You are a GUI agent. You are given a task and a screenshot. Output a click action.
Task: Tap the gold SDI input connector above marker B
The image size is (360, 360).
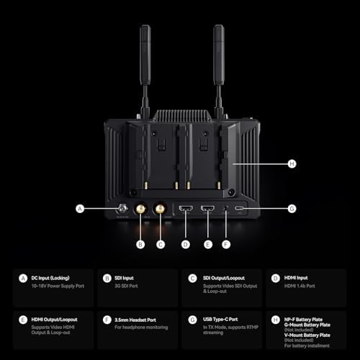(x=140, y=210)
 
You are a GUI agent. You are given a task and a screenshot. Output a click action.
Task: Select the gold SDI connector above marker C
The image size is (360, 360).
(x=160, y=210)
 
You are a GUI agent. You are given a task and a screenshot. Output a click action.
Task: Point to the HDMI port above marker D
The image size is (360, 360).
(x=185, y=210)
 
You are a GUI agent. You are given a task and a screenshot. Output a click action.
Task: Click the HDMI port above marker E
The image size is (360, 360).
(x=208, y=210)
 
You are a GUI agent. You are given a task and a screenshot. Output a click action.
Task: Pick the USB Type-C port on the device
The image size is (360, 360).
(x=239, y=210)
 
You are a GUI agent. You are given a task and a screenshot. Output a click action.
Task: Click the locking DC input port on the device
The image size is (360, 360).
(x=124, y=210)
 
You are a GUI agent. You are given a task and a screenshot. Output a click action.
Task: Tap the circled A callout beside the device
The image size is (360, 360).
(x=80, y=210)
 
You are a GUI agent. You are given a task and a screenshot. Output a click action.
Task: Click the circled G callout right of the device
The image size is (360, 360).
(x=292, y=210)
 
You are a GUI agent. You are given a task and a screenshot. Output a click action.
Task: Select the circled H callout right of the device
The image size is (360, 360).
(x=292, y=164)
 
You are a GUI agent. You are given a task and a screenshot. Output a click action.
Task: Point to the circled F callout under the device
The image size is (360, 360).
(x=227, y=244)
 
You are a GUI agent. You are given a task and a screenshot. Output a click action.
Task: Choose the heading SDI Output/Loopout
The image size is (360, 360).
(x=221, y=277)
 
